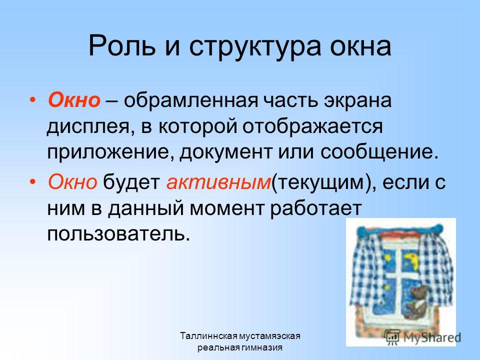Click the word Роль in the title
[122, 46]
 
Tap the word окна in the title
[360, 47]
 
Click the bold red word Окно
[74, 100]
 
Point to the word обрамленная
[191, 100]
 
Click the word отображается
[312, 127]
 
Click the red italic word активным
[218, 182]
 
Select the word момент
[226, 208]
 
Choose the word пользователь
[116, 234]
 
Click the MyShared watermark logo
[422, 337]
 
